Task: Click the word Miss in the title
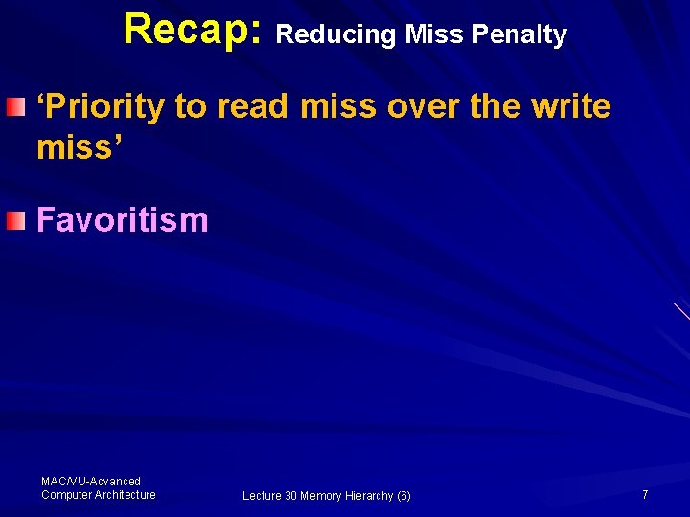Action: point(433,35)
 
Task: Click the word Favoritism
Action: point(122,220)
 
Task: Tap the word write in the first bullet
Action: point(569,107)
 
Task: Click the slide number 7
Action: point(645,494)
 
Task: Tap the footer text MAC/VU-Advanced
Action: point(91,481)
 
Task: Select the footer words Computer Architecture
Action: point(98,494)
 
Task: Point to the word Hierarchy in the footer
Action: point(368,496)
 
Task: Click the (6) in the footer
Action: point(402,496)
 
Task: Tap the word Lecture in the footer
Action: point(262,496)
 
